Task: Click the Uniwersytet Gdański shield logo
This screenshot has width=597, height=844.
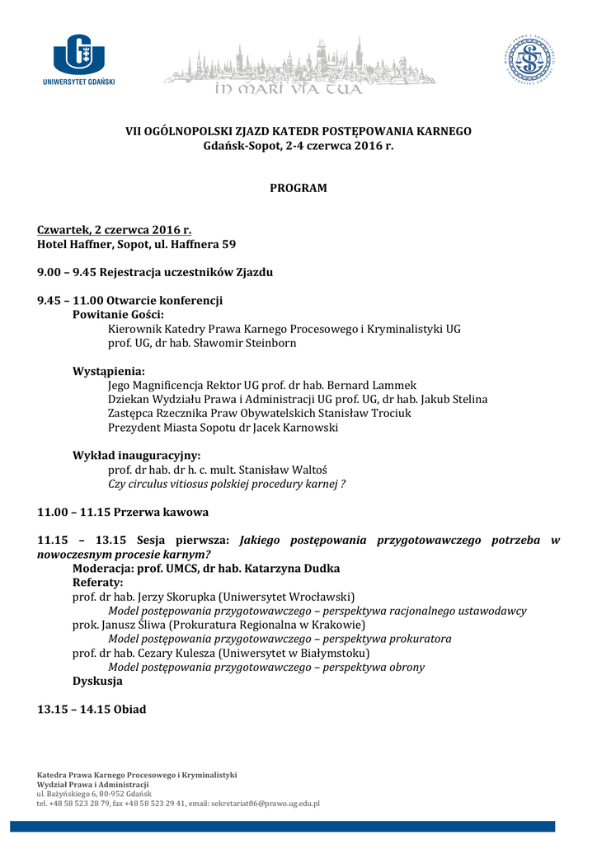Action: [x=79, y=54]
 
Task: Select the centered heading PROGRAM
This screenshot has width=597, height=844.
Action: [x=298, y=188]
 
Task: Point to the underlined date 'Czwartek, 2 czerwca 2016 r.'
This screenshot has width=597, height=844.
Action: [x=114, y=230]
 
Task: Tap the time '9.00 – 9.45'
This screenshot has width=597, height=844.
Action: [x=68, y=272]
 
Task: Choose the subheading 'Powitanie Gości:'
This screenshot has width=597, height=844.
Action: [x=118, y=315]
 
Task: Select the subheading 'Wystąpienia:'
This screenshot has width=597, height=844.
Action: [x=109, y=371]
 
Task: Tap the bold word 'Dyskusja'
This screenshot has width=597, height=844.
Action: [x=97, y=682]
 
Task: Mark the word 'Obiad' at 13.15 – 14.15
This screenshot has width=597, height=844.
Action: [x=129, y=709]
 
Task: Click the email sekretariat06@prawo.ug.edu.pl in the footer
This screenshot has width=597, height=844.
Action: [x=265, y=803]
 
